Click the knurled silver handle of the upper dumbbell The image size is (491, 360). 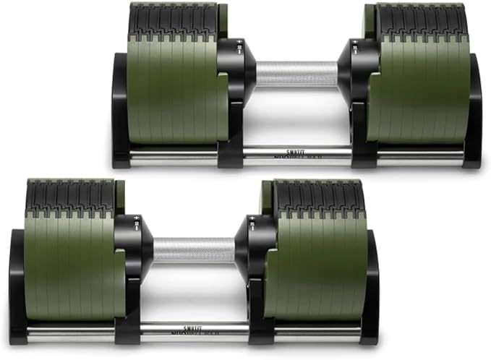click(296, 74)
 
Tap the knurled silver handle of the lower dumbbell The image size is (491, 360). click(194, 250)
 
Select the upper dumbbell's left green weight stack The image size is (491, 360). click(174, 94)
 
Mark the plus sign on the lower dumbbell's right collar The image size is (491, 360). click(252, 218)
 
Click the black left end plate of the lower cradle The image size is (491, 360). click(17, 289)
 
